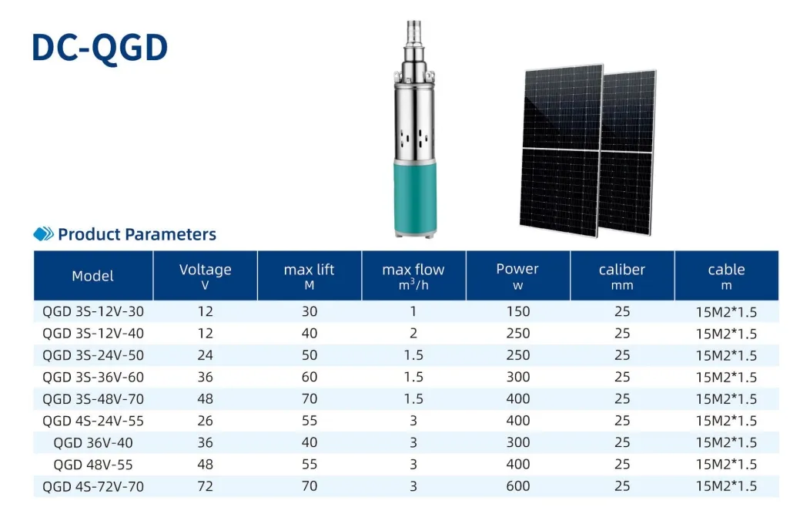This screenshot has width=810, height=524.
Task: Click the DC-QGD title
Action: pos(99,47)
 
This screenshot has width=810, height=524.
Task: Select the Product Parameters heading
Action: pos(137,234)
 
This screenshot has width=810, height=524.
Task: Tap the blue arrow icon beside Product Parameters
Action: pos(44,234)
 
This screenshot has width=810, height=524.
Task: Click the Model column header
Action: pos(92,276)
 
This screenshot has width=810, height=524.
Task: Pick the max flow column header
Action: pos(413,275)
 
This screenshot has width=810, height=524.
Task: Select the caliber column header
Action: pos(622,275)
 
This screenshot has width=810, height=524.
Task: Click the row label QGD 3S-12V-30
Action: pos(92,311)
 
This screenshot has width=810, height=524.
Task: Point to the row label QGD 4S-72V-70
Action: pos(92,486)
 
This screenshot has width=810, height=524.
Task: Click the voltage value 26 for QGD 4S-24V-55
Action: pos(205,421)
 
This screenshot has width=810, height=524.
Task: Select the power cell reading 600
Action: pos(518,486)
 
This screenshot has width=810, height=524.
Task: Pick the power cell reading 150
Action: pos(518,311)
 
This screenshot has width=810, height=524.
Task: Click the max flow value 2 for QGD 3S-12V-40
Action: pos(413,333)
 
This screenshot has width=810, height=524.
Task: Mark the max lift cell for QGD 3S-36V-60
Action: pos(309,377)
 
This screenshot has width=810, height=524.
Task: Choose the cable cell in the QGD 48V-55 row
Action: pos(726,465)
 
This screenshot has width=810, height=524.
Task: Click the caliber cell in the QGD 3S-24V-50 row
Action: pos(622,355)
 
